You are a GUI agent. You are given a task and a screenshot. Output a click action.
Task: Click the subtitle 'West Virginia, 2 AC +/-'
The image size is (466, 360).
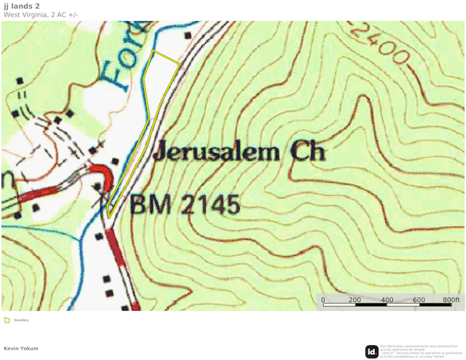(41, 15)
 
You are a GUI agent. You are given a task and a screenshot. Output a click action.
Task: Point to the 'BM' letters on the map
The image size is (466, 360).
(150, 204)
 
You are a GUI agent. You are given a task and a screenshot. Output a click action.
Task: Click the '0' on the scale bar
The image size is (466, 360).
(323, 299)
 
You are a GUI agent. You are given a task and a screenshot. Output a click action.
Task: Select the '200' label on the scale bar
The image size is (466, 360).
(355, 299)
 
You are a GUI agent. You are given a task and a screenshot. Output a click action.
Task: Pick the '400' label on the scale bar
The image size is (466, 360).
(387, 299)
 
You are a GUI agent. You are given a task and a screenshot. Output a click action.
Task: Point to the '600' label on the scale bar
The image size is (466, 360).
(419, 299)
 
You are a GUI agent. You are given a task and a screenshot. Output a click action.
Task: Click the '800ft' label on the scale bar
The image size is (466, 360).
(450, 299)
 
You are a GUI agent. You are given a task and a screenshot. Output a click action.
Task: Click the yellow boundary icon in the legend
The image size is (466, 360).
(7, 320)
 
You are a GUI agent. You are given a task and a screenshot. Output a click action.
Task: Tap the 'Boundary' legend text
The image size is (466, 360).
(21, 320)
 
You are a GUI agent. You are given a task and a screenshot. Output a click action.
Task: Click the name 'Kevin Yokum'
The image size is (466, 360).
(21, 348)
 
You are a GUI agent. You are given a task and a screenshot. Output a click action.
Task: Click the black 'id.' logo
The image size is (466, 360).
(371, 351)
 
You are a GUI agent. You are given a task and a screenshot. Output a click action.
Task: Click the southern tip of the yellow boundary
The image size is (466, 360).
(108, 217)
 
